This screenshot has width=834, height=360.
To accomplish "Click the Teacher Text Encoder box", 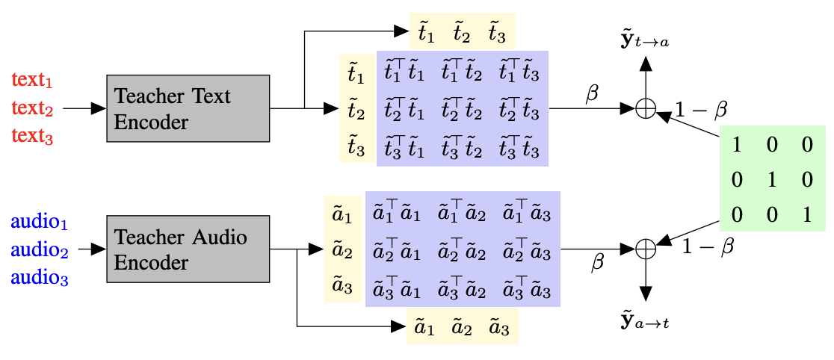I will (x=188, y=108).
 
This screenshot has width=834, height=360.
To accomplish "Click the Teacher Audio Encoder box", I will (x=188, y=249).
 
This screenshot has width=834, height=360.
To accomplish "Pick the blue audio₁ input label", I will (x=37, y=222).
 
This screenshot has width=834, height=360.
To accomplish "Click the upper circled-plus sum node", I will (x=645, y=109).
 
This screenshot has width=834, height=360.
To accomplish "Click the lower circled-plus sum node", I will (x=645, y=249).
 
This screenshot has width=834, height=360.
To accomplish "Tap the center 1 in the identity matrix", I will (x=772, y=180).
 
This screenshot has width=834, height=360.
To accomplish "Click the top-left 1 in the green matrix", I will (x=737, y=145).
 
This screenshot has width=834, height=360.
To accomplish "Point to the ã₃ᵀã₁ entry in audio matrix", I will (x=395, y=288).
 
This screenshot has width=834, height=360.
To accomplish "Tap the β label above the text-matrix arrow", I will (x=591, y=95).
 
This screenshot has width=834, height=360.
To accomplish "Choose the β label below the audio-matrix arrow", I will (x=597, y=264).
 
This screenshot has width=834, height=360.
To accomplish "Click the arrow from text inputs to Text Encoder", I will (x=84, y=109).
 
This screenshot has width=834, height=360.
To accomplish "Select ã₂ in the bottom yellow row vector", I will (x=461, y=327).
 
